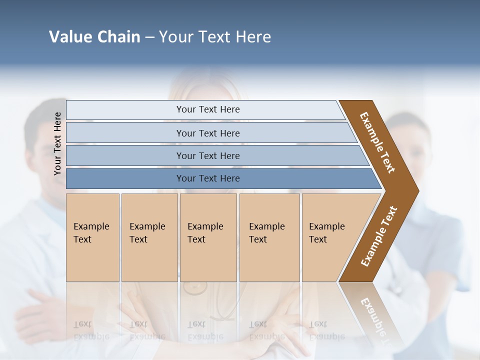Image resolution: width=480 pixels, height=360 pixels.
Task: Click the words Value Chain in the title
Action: (x=94, y=37)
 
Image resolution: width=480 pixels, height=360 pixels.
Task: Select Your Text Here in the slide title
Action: (x=215, y=37)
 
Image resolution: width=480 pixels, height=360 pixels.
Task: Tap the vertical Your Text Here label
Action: (x=57, y=143)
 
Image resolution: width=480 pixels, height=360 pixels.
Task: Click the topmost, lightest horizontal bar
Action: (x=207, y=109)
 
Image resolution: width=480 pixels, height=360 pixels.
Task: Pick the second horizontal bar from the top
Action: (x=207, y=133)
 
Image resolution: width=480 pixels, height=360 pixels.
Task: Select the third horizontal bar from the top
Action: (x=207, y=155)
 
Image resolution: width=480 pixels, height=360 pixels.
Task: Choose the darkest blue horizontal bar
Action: (x=207, y=178)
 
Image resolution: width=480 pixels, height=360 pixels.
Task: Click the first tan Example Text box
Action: (x=92, y=237)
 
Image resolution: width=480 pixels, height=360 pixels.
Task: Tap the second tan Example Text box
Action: (x=149, y=237)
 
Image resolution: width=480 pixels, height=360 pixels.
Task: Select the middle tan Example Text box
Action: (x=208, y=237)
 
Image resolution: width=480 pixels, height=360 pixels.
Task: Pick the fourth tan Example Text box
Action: (x=269, y=237)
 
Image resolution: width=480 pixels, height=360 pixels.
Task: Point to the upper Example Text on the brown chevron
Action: (x=378, y=142)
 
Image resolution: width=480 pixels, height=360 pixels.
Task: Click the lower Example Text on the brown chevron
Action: (x=379, y=236)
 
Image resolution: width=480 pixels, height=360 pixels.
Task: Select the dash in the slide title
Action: (x=149, y=37)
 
